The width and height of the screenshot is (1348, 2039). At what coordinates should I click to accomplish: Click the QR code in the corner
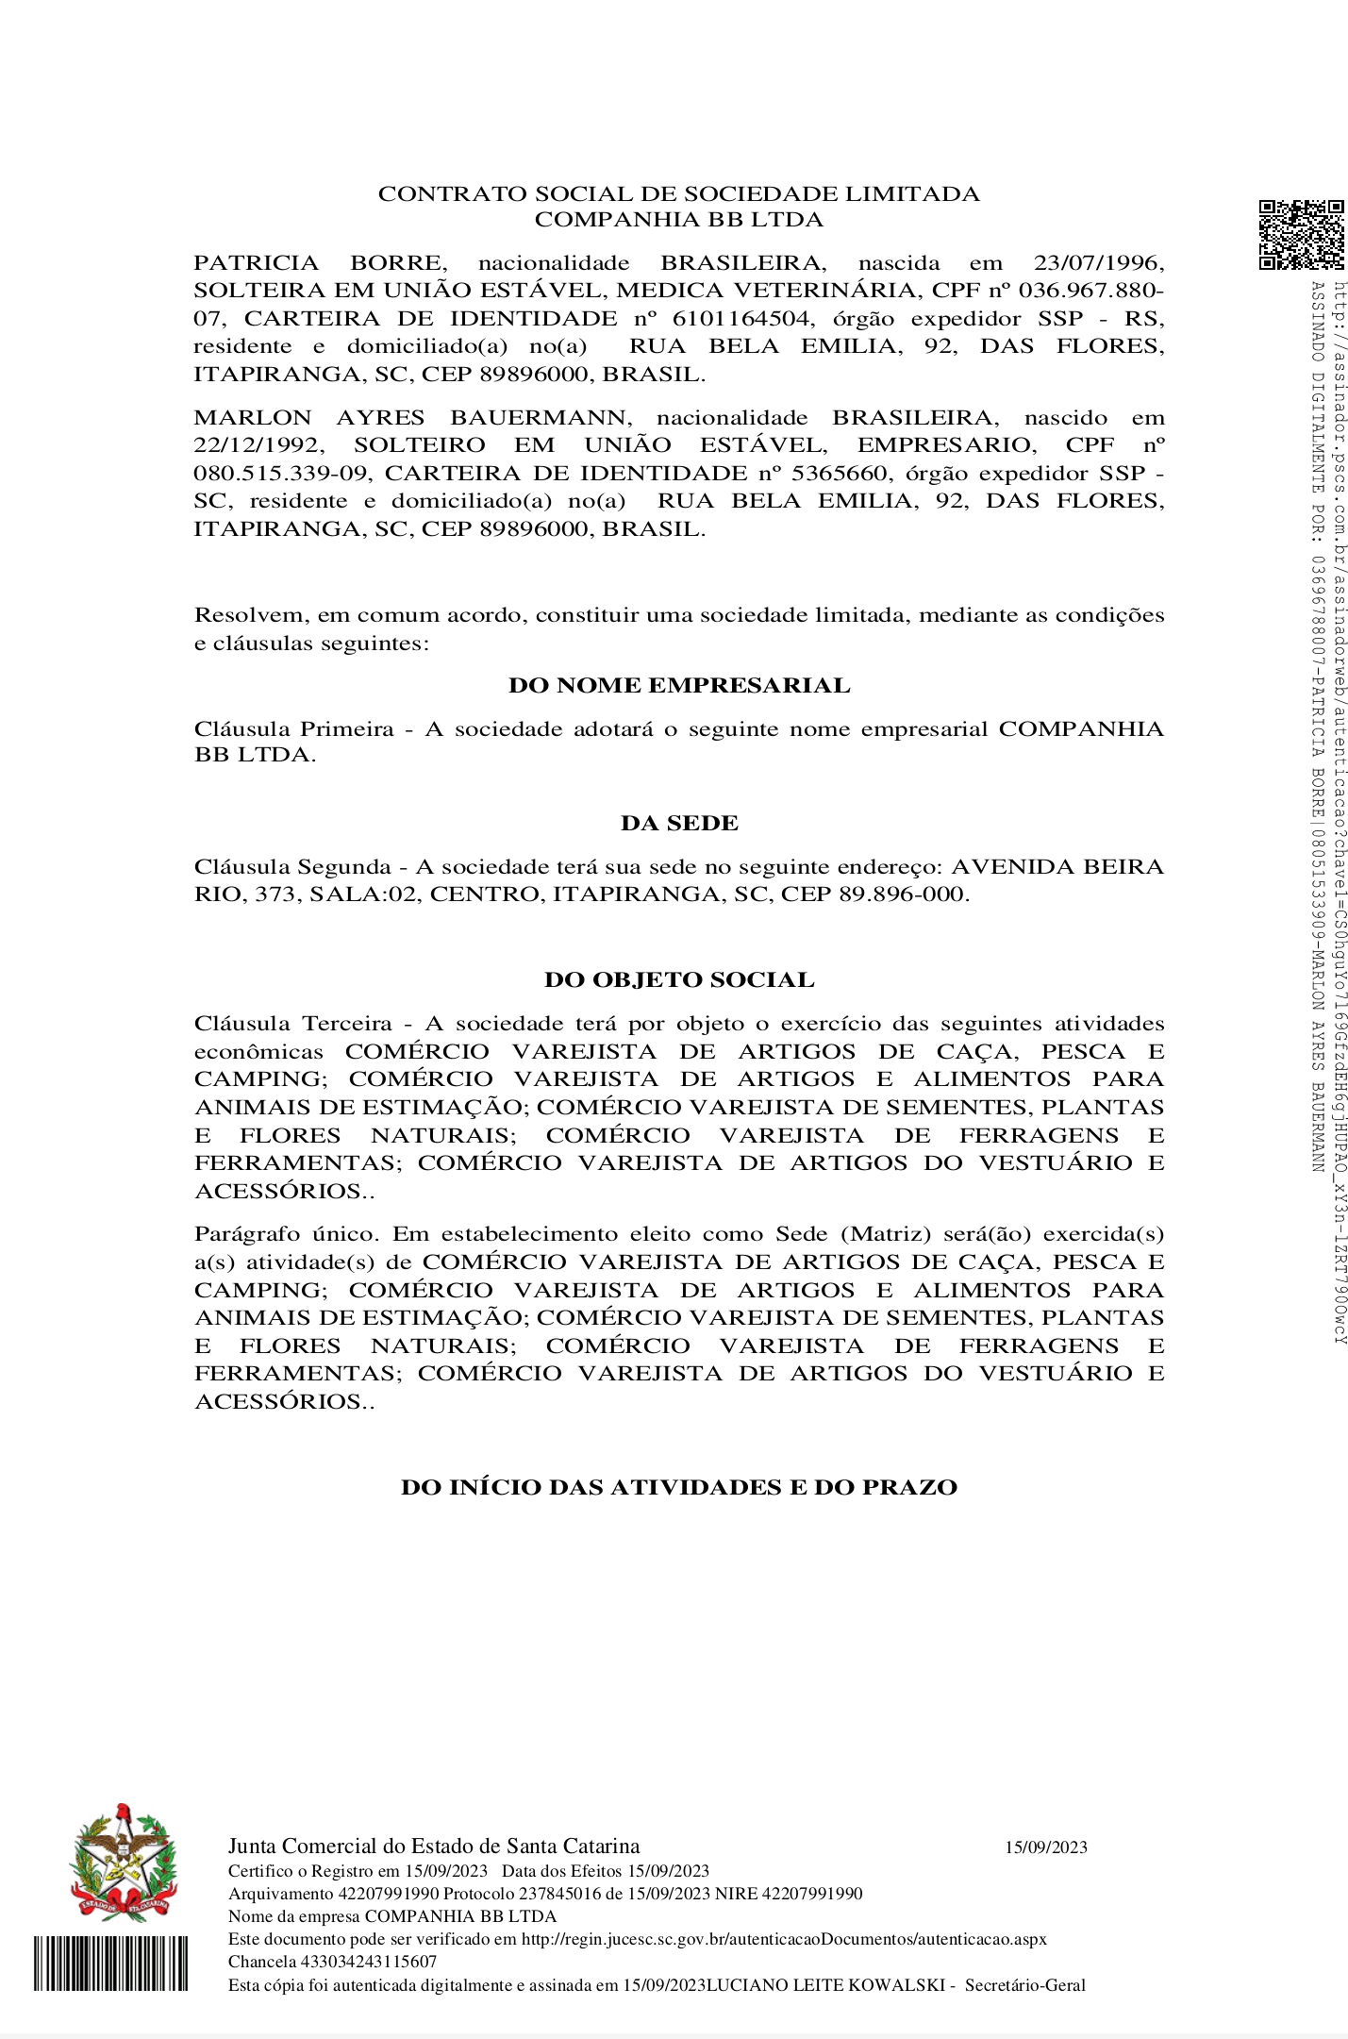(x=1302, y=234)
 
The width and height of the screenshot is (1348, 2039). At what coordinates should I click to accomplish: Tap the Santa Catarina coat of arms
(x=123, y=1864)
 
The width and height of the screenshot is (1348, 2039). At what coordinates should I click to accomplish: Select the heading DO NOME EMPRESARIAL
(x=678, y=686)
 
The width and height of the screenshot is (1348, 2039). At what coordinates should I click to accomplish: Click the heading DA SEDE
(x=678, y=824)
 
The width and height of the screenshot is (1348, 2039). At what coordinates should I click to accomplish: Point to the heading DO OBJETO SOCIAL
(x=678, y=980)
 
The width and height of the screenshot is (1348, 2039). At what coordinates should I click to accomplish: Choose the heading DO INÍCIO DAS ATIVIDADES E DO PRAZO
(x=678, y=1488)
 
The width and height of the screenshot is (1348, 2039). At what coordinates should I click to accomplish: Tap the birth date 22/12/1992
(x=258, y=445)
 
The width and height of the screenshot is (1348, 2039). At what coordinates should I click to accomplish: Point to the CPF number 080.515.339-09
(x=280, y=474)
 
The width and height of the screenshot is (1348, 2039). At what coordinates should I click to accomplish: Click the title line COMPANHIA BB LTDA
(x=678, y=220)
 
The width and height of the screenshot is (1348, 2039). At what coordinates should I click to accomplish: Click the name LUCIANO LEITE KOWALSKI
(x=825, y=1985)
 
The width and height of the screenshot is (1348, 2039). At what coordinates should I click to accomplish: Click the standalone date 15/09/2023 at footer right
(x=1045, y=1848)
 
